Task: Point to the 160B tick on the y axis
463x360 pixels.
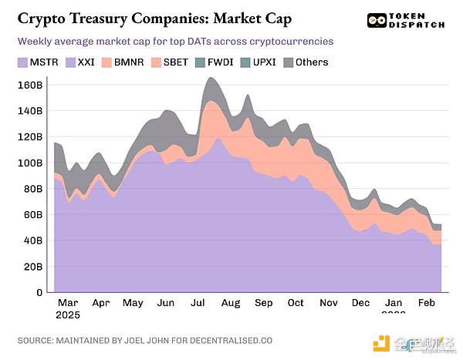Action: coord(28,85)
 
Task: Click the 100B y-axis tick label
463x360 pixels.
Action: coord(28,163)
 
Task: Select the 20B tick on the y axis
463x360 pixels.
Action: coord(30,266)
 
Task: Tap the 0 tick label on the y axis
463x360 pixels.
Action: coord(36,292)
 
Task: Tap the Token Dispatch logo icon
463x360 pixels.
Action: coord(377,21)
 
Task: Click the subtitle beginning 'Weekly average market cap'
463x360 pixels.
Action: coord(179,40)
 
